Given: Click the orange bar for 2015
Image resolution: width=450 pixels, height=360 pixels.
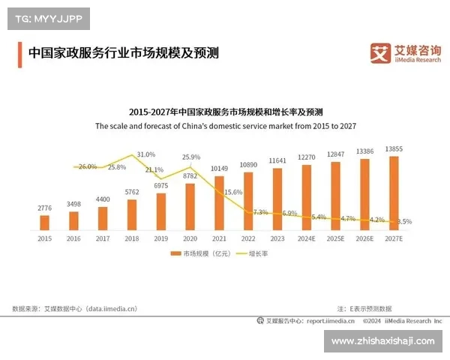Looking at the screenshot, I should coord(44,222).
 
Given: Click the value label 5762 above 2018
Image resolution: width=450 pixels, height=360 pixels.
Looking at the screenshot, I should coord(132,193).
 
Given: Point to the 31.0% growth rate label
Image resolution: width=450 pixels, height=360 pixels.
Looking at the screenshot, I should coord(146,154).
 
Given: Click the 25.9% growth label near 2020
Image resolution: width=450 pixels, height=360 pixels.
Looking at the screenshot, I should coord(191,157).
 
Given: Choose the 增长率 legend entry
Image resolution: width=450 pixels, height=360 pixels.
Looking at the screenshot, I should coord(256,253).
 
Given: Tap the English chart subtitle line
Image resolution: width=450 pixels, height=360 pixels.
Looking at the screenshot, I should coord(225,126).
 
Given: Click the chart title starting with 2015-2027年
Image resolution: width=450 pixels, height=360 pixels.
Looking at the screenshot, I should coord(225,111).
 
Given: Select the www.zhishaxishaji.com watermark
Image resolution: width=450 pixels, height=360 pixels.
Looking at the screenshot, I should coord(382,340).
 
